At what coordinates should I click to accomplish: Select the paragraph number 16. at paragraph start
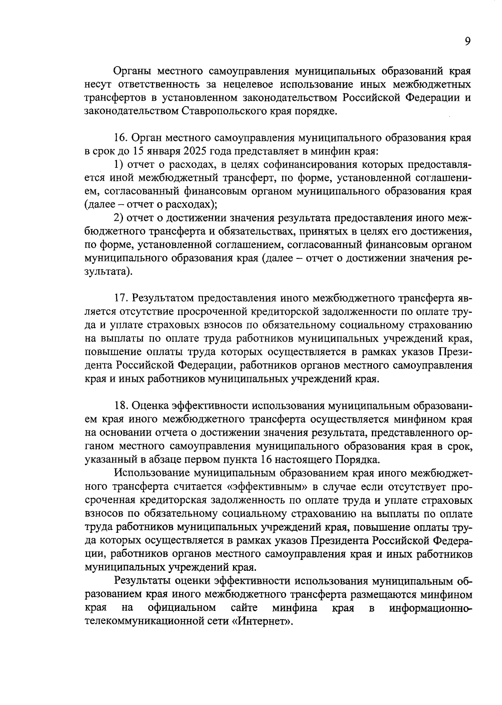(x=121, y=138)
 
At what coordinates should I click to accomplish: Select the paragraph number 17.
(x=121, y=298)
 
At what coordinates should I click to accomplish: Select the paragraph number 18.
(x=121, y=406)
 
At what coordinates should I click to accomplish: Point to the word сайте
(x=244, y=607)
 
